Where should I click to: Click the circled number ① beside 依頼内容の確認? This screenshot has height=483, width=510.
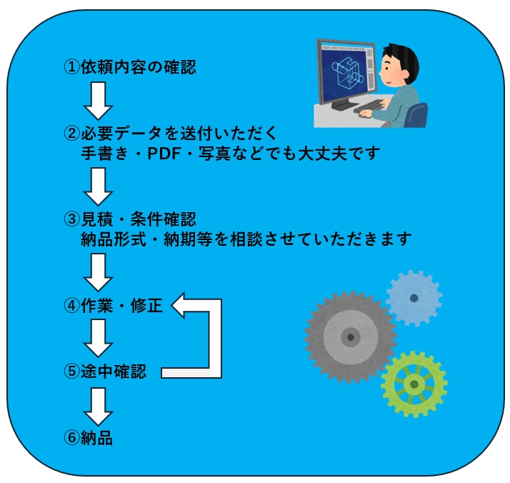pos(71,67)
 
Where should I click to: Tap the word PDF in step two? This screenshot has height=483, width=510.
pos(164,154)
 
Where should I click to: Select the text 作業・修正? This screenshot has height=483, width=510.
pos(121,305)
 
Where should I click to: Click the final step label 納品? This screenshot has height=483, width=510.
pos(96,437)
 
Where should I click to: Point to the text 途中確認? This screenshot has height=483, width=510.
pos(114,371)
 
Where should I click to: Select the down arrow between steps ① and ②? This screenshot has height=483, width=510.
pos(99,101)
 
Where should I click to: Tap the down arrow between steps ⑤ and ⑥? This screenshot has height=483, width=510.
pos(99,407)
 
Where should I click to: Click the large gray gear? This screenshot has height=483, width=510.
pos(350,337)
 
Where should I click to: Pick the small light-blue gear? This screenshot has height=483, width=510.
pos(414,298)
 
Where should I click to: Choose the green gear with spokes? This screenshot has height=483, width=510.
pos(414,384)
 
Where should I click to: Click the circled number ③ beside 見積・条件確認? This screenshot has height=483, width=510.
pos(71,219)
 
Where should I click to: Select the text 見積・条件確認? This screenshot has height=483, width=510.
pos(139,219)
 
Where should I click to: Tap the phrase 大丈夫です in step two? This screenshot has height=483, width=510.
pos(339,154)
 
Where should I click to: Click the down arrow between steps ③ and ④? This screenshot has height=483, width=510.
pos(99,272)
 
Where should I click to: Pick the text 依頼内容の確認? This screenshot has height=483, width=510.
pos(139,67)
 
